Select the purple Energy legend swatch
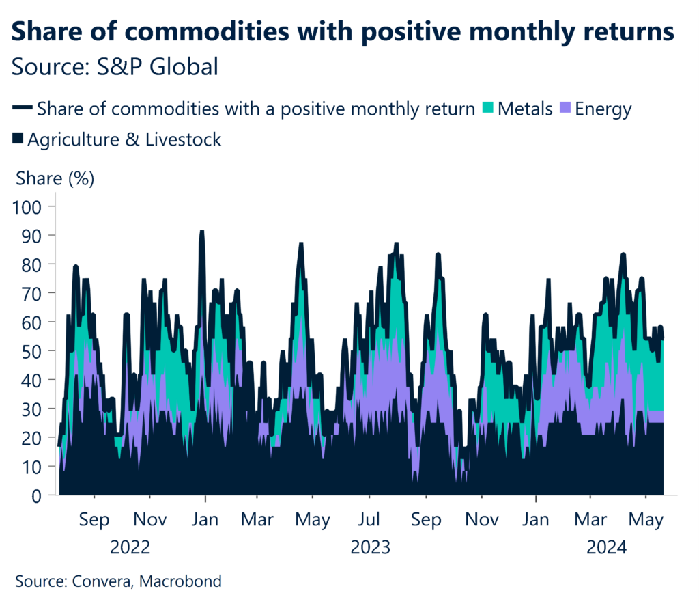[566, 108]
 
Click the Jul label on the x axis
[369, 521]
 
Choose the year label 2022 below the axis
[130, 548]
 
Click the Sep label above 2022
[94, 521]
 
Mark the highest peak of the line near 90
[201, 232]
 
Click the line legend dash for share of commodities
[22, 108]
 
